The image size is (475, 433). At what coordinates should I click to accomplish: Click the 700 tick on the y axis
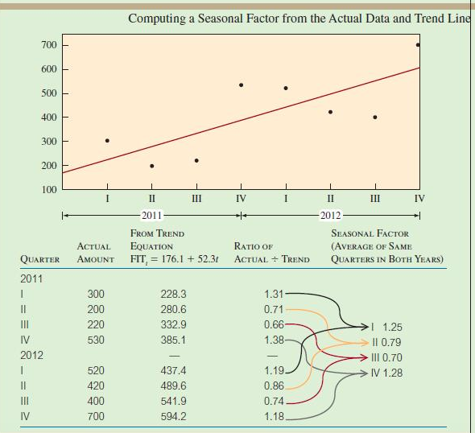pos(49,45)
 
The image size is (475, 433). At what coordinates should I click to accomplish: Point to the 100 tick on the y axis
pos(49,189)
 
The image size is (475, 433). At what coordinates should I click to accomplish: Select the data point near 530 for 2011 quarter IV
pos(241,85)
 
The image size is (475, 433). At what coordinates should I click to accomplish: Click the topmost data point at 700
pos(418,45)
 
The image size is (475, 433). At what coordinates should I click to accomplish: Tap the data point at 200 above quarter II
pos(151,166)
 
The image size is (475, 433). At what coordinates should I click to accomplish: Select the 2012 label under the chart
pos(330,216)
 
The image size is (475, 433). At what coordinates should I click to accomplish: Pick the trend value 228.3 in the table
pos(173,295)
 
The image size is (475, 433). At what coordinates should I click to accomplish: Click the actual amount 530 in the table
pos(96,340)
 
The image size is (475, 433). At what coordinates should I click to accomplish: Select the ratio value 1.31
pos(274,294)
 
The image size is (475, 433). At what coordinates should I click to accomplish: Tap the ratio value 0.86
pos(274,386)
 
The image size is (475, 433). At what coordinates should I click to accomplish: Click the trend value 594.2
pos(173,416)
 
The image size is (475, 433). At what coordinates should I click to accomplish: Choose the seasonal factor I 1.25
pos(387,328)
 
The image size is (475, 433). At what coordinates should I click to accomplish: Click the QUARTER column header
pos(40,259)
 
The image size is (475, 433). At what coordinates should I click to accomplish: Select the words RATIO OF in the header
pos(253,246)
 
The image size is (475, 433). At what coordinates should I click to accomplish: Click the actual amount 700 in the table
pos(96,416)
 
